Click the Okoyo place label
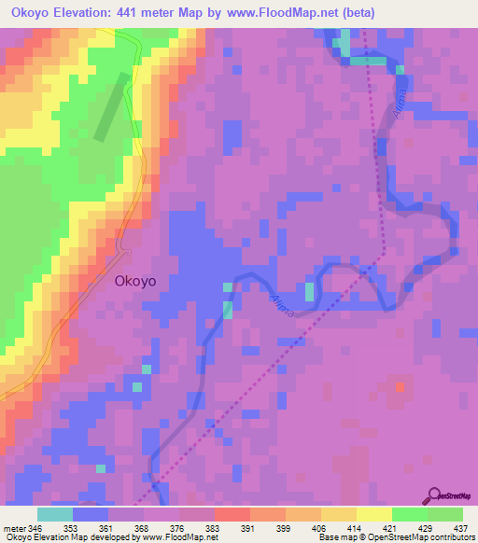142,278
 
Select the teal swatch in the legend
55,514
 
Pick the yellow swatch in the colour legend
373,514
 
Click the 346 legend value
36,528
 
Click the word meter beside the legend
13,528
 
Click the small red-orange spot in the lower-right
401,384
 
